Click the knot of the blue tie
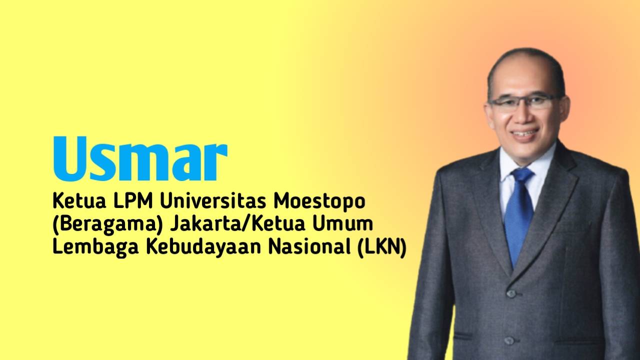[x=521, y=175]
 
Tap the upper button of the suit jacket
[x=510, y=293]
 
